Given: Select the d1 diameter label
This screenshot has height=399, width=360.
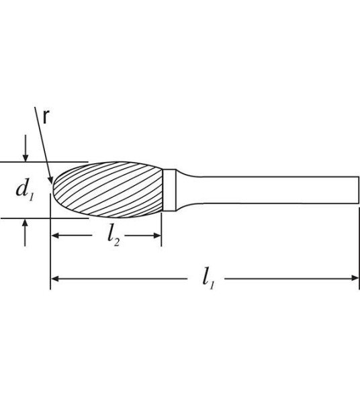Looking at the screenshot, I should coord(25,189).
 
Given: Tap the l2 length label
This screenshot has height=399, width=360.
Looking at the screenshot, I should coord(114,236).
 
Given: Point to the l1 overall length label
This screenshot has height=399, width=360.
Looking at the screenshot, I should coord(209,278).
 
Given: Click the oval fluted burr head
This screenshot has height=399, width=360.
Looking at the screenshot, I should coord(107,189).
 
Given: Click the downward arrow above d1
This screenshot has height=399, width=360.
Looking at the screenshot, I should coord(26,156).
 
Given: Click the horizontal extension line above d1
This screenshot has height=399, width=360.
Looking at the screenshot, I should coord(40,162).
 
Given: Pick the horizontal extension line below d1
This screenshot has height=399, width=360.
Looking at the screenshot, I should coord(40,218).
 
